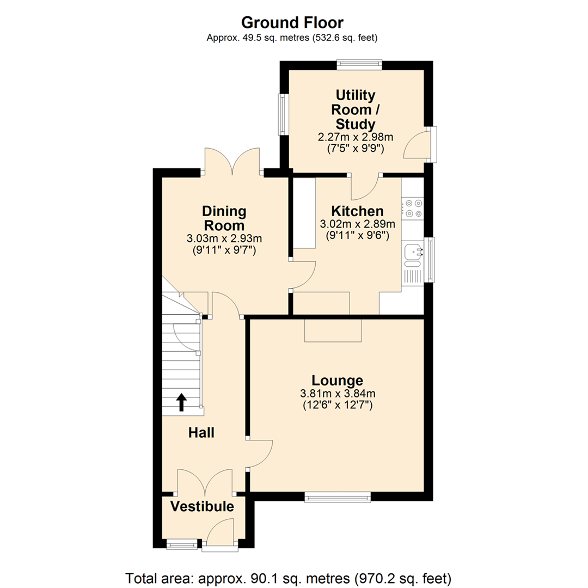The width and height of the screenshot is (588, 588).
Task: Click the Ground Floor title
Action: pos(292,22)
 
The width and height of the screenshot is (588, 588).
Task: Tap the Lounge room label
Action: pos(337,380)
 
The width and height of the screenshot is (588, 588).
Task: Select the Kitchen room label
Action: pos(357,211)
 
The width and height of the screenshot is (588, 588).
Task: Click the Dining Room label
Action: pos(224,218)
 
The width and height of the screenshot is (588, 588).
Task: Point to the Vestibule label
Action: pos(202,507)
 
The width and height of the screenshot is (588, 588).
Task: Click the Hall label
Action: pos(201,433)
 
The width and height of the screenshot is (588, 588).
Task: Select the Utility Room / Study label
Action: pos(355,110)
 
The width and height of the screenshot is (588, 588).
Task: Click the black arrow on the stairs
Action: pos(181,403)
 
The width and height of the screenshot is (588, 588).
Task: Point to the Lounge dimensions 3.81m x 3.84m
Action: pos(338,394)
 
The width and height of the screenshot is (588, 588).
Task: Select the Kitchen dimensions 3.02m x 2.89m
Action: pos(357,224)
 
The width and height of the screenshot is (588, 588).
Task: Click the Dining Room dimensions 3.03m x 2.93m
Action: pos(224,238)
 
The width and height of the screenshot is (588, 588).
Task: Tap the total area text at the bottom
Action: pos(289,577)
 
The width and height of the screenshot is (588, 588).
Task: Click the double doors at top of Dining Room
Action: pos(232,162)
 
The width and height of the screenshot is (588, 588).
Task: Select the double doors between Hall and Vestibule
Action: pos(206,482)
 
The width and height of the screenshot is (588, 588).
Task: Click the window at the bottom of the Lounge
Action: pos(338,497)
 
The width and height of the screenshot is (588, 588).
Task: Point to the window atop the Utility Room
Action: pos(359,64)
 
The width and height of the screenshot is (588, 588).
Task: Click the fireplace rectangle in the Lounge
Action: pos(333,330)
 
